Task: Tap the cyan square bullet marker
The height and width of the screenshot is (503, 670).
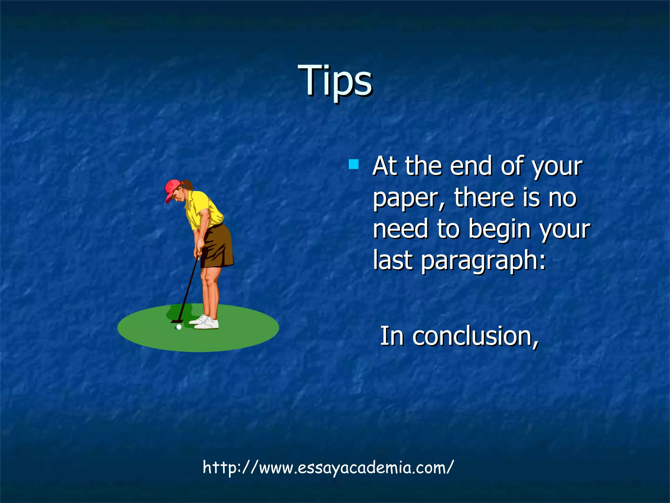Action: point(354,164)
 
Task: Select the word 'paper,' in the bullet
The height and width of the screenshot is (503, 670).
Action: point(409,198)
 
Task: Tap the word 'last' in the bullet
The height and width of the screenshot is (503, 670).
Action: point(393,260)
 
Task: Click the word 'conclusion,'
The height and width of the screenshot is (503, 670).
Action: point(475,336)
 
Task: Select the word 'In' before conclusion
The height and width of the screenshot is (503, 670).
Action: point(392,336)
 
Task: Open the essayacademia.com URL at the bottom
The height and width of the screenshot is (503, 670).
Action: point(328,467)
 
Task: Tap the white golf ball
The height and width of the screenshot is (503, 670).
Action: point(179,327)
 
